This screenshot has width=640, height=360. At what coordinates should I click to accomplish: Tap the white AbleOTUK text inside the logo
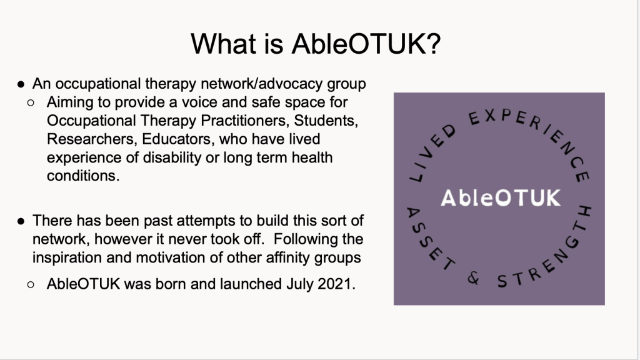tap(501, 198)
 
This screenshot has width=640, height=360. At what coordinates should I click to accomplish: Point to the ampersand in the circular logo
tap(474, 278)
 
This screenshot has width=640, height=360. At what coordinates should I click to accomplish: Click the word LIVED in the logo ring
tap(431, 153)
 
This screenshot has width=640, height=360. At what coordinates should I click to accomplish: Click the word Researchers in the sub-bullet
tap(91, 139)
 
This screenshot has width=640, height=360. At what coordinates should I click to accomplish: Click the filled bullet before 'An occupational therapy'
tap(21, 84)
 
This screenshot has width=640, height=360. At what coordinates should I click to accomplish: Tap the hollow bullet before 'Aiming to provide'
tap(31, 103)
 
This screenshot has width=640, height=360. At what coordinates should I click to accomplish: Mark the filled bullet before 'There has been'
tap(21, 221)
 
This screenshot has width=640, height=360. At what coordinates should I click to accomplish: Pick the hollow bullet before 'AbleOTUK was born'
tap(31, 284)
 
